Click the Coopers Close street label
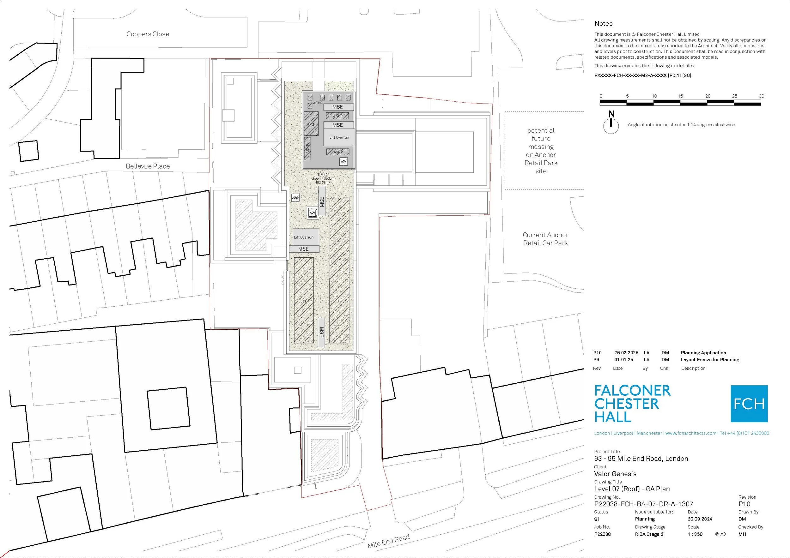pos(148,34)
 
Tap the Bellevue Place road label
pos(148,166)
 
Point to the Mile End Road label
pos(388,541)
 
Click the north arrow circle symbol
pos(611,126)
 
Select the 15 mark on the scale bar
pos(680,96)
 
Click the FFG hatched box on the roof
pos(311,124)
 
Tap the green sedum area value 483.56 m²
pos(323,183)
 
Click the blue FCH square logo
pos(749,404)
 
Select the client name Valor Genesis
pos(615,474)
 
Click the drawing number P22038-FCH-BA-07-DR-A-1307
pos(643,504)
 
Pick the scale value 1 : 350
pos(695,534)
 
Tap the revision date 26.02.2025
pos(626,353)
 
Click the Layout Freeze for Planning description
pos(710,360)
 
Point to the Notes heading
pos(604,24)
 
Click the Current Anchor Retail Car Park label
pos(545,239)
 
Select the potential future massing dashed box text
pos(541,151)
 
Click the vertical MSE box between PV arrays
pos(321,333)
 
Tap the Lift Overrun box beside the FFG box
pos(339,137)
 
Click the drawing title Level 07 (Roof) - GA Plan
pos(632,489)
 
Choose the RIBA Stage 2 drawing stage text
pos(649,534)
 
